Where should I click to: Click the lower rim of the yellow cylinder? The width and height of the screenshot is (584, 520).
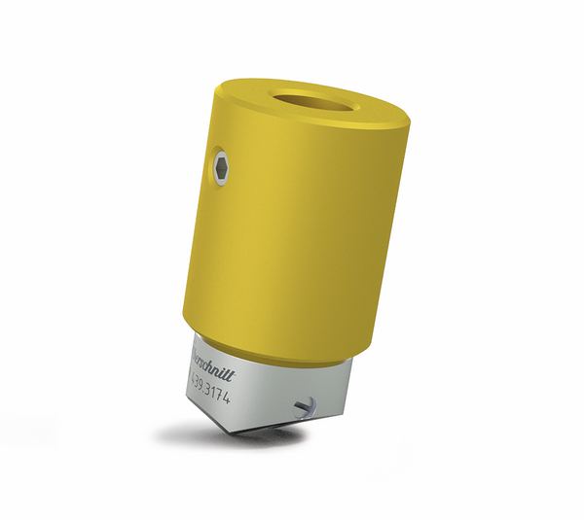(282, 354)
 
